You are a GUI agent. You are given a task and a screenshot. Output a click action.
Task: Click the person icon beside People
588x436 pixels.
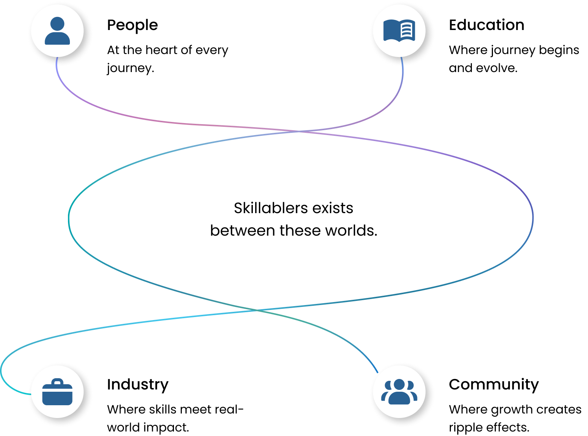57,31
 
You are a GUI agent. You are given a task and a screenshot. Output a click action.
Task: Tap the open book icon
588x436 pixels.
399,30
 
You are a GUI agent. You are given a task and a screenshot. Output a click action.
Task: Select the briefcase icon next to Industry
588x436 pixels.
57,391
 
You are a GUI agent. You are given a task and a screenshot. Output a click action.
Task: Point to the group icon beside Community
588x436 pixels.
399,391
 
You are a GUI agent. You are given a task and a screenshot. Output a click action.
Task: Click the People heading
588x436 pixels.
132,26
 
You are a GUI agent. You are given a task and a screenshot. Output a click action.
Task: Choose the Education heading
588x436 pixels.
487,25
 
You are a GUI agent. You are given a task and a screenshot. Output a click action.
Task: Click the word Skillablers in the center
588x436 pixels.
271,208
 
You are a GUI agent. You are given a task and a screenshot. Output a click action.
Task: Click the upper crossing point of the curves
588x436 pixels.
299,131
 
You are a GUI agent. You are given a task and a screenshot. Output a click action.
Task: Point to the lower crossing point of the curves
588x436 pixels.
257,310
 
